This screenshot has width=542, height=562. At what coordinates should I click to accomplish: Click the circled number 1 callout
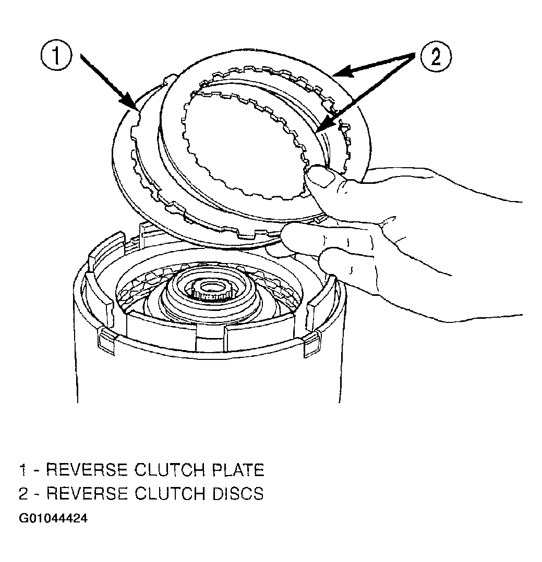(x=56, y=57)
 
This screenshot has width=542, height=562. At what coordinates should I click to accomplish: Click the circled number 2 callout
(x=436, y=57)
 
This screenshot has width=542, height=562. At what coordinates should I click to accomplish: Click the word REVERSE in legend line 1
(x=87, y=470)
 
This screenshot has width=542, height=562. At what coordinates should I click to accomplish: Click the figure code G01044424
(x=53, y=518)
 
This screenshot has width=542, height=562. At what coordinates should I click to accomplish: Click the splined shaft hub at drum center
(x=208, y=289)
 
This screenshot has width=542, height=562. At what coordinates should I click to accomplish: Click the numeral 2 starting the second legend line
(x=23, y=494)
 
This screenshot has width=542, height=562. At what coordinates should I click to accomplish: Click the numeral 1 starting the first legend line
(x=22, y=470)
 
